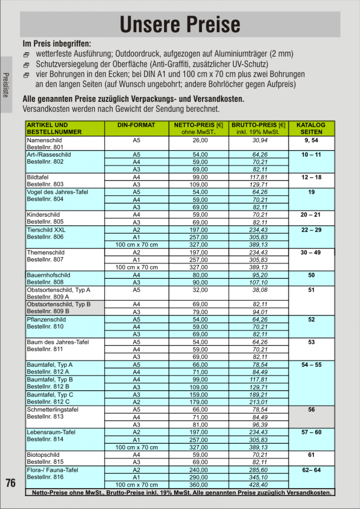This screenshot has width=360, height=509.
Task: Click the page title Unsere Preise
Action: point(180,24)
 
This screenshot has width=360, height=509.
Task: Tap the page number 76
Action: point(10,483)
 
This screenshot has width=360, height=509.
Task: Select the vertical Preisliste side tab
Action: point(5,85)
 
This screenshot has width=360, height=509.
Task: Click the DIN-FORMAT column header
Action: point(136,125)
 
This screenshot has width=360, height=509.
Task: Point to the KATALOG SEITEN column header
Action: point(311,129)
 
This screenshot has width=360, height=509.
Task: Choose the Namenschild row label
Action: point(44,140)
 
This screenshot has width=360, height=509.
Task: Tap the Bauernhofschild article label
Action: point(48,275)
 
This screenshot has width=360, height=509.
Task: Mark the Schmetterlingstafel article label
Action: point(52,410)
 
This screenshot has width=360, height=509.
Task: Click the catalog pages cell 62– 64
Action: point(311,470)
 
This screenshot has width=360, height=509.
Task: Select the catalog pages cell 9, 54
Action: point(311,140)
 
